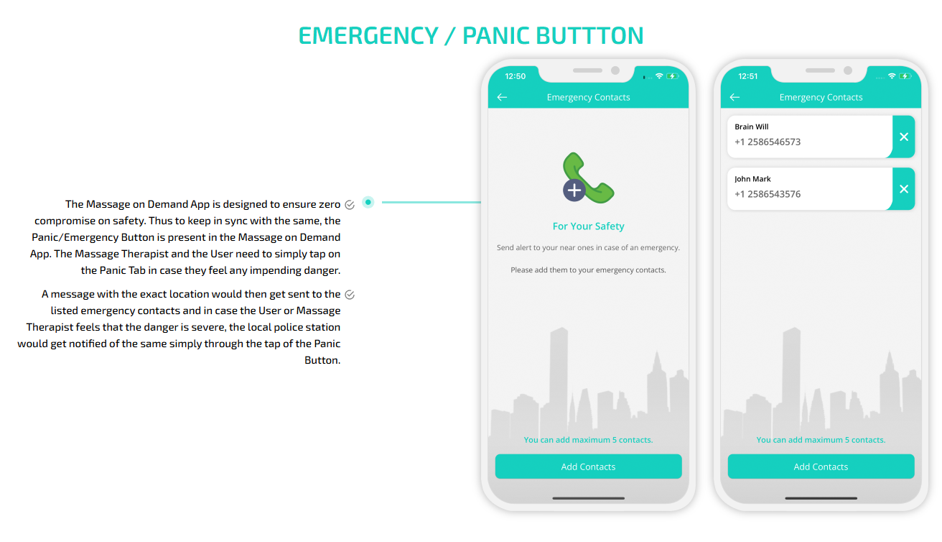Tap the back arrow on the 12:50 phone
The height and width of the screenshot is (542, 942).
(x=502, y=97)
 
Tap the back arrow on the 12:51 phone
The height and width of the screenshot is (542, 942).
(x=735, y=97)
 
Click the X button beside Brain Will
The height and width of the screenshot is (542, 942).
(x=904, y=137)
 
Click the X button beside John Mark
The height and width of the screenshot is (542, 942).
(x=904, y=188)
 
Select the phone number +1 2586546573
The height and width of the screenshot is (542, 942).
(x=768, y=142)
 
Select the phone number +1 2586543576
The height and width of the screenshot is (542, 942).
(x=768, y=194)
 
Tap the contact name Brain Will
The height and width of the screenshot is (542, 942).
(x=752, y=127)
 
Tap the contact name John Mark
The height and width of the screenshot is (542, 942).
(x=752, y=179)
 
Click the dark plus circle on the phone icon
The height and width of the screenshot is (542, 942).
(x=574, y=190)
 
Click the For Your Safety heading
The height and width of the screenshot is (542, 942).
(x=588, y=226)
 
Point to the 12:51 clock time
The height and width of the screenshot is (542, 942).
(x=747, y=76)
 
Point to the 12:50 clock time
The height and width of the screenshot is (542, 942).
(x=516, y=76)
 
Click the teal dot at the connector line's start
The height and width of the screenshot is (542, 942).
(x=368, y=202)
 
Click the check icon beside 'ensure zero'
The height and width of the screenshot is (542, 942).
(x=350, y=205)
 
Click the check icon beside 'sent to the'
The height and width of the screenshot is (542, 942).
(x=350, y=295)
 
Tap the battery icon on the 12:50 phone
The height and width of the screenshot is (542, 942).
(x=672, y=76)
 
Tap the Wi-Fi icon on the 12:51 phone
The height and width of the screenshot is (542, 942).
(x=892, y=75)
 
